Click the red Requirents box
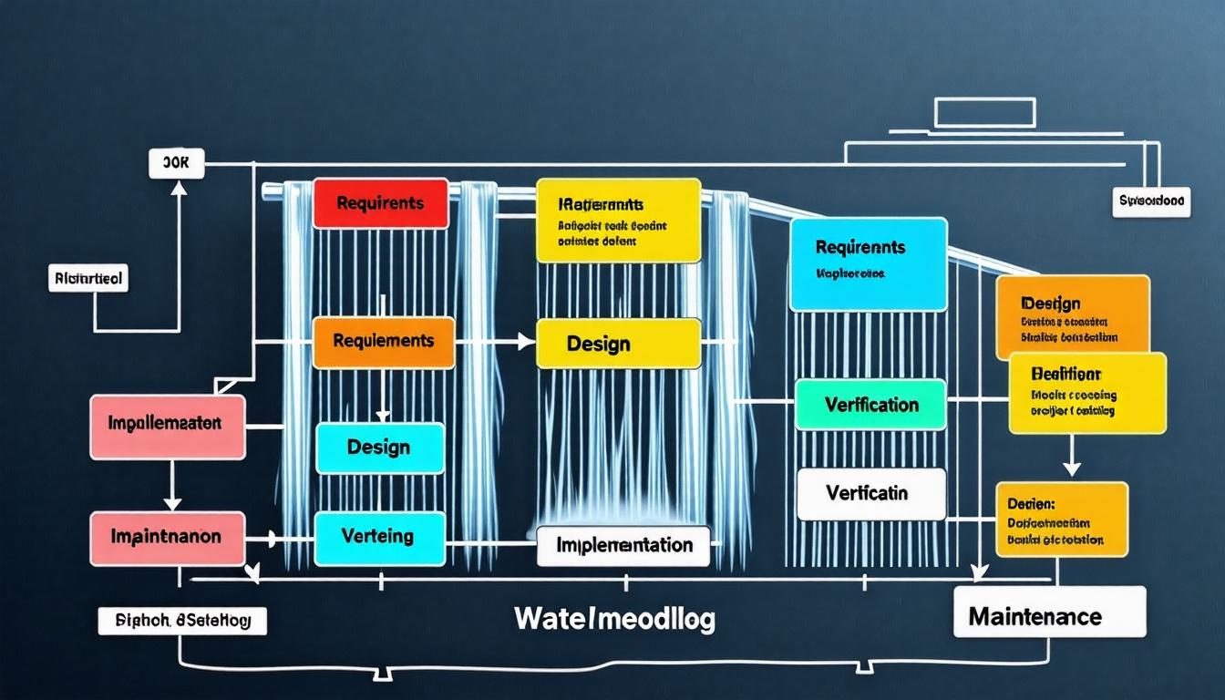(380, 203)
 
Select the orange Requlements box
(383, 342)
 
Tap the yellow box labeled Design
(618, 344)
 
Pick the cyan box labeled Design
(379, 448)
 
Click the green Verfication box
(870, 405)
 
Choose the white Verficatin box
(870, 493)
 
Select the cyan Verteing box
(379, 537)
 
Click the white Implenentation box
(623, 545)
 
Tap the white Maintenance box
(1048, 616)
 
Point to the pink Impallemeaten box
(168, 426)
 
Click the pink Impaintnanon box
(168, 538)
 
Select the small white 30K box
(176, 164)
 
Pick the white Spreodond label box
(1152, 202)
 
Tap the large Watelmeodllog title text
(614, 619)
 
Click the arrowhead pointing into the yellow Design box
(527, 342)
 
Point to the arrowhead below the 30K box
(178, 189)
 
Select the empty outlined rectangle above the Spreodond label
(985, 111)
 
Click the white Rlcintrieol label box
(87, 278)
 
